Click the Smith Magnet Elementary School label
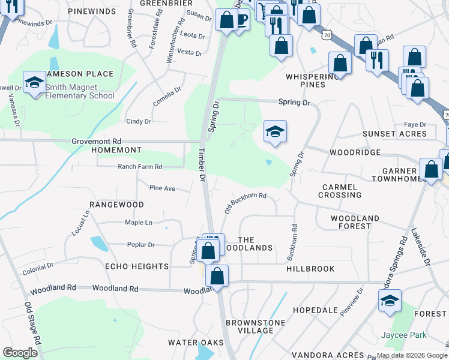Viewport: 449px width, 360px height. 79,91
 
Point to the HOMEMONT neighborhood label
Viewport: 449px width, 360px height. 116,150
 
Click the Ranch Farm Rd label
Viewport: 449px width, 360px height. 140,167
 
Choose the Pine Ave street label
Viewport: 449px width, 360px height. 162,188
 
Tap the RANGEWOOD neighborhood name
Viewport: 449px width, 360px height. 116,205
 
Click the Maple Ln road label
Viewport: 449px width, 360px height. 138,223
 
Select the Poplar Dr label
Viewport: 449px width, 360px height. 140,245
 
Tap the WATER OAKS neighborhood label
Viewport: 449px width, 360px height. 196,343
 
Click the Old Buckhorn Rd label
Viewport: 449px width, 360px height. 245,203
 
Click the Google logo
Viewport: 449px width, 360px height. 20,353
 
